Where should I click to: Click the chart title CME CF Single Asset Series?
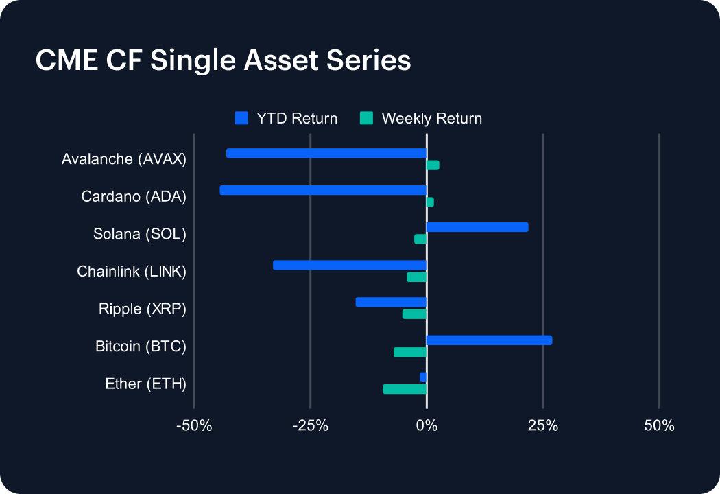(x=223, y=60)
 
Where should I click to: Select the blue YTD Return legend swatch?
(x=241, y=118)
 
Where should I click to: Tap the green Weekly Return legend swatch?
(x=366, y=118)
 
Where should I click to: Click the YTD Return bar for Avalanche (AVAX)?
(x=326, y=153)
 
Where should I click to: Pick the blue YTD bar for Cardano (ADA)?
(x=323, y=190)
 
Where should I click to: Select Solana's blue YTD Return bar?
(x=477, y=227)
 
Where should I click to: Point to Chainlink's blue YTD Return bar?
(x=350, y=265)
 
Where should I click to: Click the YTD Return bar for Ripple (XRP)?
(x=391, y=302)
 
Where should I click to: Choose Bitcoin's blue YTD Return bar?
(x=489, y=340)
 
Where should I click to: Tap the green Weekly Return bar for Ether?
(x=405, y=389)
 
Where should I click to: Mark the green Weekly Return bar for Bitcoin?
(x=410, y=352)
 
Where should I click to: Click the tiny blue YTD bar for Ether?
(x=423, y=377)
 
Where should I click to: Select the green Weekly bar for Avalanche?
(x=433, y=165)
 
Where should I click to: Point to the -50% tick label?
(x=194, y=426)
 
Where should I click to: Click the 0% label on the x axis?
(x=427, y=426)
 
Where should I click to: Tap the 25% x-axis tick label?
(x=542, y=426)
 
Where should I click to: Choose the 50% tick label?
(x=659, y=426)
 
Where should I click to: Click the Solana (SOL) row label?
(x=140, y=234)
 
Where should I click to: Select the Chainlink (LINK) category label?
(x=132, y=271)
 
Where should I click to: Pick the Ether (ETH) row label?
(x=145, y=384)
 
